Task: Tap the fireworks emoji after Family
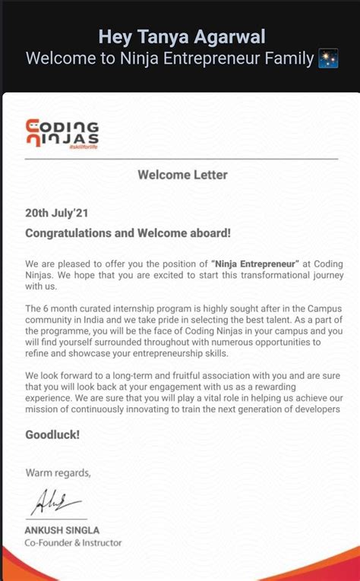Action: [x=327, y=58]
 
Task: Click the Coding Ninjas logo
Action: [x=62, y=134]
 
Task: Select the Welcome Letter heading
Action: [x=182, y=175]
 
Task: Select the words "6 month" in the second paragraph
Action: [x=63, y=308]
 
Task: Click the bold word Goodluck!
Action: [x=52, y=435]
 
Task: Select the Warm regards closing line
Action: [x=58, y=472]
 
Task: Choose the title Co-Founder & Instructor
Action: [x=73, y=542]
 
